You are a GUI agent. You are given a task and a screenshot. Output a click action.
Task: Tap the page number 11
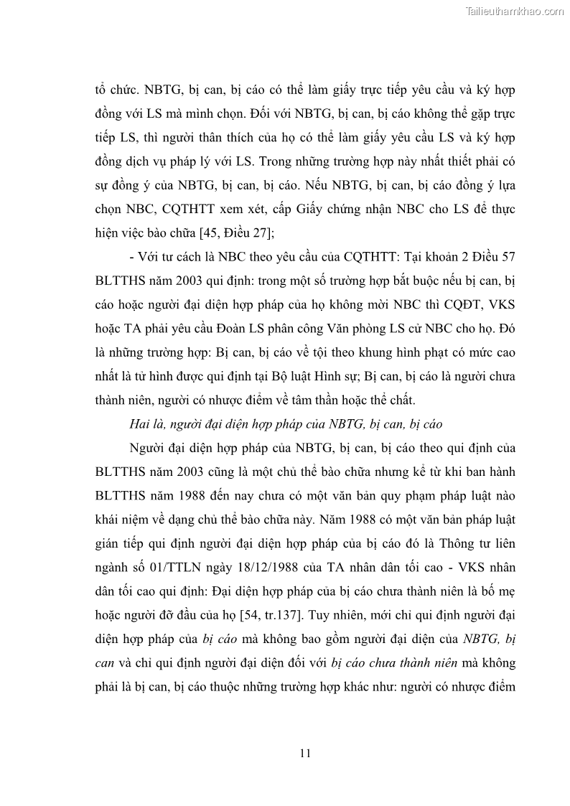click(x=305, y=753)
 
